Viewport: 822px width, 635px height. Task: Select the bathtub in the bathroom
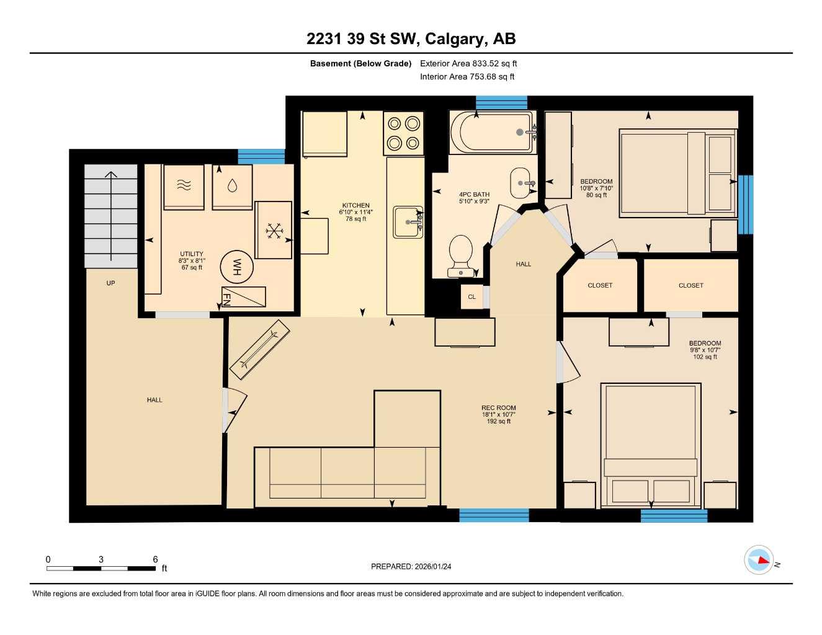(491, 131)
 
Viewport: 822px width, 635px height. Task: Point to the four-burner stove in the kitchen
(403, 133)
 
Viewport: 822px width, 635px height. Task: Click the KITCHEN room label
(355, 206)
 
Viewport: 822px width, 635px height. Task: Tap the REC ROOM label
(499, 408)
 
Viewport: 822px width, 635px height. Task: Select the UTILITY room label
(192, 254)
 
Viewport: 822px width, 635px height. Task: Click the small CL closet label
(471, 297)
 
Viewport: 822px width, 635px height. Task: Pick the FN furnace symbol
(243, 297)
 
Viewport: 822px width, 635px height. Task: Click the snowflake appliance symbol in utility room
(273, 231)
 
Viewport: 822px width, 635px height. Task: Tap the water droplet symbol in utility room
(232, 185)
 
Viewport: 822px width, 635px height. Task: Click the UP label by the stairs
(110, 283)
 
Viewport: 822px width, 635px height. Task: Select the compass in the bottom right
(759, 561)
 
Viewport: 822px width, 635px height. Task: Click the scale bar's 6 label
(155, 559)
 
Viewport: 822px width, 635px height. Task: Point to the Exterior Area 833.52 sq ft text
(468, 63)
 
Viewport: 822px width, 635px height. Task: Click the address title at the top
(411, 39)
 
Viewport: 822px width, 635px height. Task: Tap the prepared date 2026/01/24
(411, 566)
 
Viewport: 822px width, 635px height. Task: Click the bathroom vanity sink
(523, 183)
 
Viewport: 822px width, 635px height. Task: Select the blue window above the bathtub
(501, 103)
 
